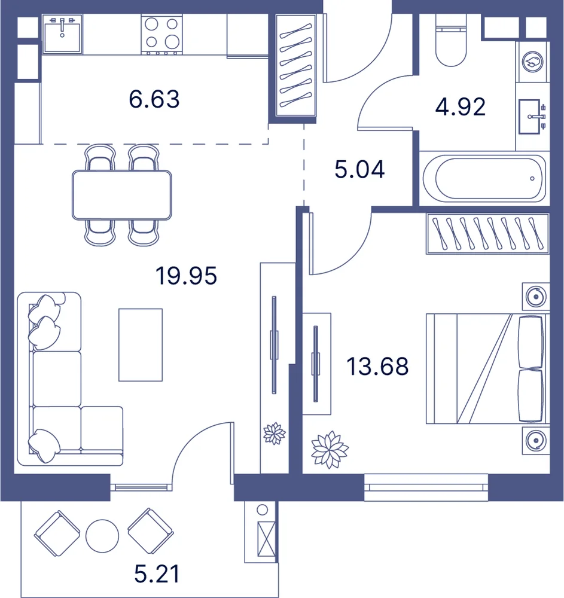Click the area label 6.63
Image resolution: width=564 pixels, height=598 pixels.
(154, 99)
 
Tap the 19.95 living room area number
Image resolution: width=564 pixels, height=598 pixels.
(186, 276)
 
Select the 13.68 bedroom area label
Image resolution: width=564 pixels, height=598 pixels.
(377, 366)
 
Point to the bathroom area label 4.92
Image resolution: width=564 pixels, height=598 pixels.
(461, 107)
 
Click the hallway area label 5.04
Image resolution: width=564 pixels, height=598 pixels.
(359, 169)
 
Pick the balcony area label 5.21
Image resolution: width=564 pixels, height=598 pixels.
(157, 574)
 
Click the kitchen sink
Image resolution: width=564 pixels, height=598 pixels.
(62, 33)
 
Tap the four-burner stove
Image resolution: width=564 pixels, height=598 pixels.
(161, 34)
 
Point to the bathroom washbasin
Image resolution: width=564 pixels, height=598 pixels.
(531, 117)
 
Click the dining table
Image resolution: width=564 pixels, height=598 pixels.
(121, 195)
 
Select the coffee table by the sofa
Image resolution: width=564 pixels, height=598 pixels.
(141, 345)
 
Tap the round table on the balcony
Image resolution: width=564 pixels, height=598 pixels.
(102, 536)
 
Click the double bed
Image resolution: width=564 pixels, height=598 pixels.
(487, 368)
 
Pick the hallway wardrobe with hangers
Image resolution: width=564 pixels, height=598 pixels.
(296, 65)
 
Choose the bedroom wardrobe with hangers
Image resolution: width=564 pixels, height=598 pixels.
(487, 233)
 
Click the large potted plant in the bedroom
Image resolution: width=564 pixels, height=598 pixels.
(330, 450)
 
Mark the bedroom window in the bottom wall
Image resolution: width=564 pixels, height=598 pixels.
(426, 487)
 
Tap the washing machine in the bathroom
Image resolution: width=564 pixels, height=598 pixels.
(533, 62)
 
